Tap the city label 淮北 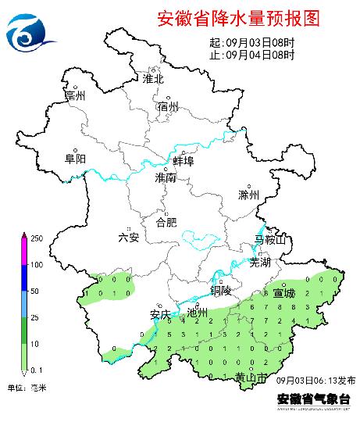(153, 79)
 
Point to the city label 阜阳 (75, 159)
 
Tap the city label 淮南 (166, 178)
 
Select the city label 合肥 (166, 223)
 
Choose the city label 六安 (128, 238)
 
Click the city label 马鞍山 (271, 238)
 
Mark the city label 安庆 (160, 315)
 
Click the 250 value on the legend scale (36, 238)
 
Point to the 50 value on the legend (36, 291)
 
